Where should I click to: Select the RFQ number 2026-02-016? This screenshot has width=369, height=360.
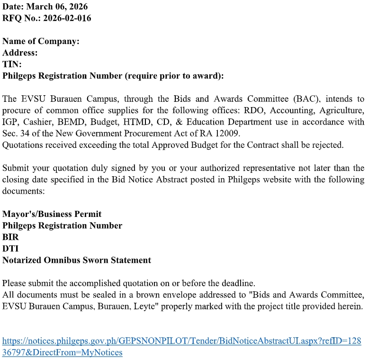[x=67, y=18]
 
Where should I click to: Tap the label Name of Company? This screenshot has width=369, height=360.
[x=41, y=41]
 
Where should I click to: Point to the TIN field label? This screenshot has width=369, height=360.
[x=12, y=64]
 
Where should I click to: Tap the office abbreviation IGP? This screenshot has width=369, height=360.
[x=10, y=122]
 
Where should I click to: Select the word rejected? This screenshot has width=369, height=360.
[x=328, y=145]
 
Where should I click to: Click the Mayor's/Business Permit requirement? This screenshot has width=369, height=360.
[x=52, y=214]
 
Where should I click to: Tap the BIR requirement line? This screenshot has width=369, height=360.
[x=10, y=237]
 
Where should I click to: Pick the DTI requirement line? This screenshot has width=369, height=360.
[x=10, y=248]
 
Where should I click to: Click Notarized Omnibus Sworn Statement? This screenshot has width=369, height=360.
[x=77, y=260]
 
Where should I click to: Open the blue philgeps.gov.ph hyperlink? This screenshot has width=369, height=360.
[x=181, y=341]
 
